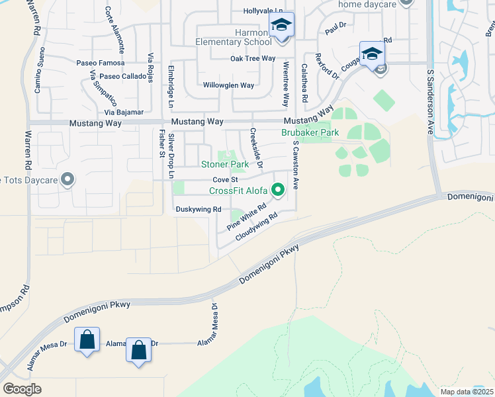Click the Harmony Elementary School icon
(x=281, y=26)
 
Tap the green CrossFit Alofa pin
(x=279, y=191)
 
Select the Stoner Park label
(x=225, y=164)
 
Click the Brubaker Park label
(x=310, y=132)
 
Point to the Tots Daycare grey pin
(x=67, y=179)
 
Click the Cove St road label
(x=225, y=179)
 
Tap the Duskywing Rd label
(x=197, y=209)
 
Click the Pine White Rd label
(x=246, y=216)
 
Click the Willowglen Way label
(x=228, y=85)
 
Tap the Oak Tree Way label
(x=252, y=58)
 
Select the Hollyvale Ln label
(x=263, y=11)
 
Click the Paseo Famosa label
(x=100, y=63)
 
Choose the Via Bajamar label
(x=124, y=112)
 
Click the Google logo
(x=22, y=388)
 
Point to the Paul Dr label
(x=336, y=27)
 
